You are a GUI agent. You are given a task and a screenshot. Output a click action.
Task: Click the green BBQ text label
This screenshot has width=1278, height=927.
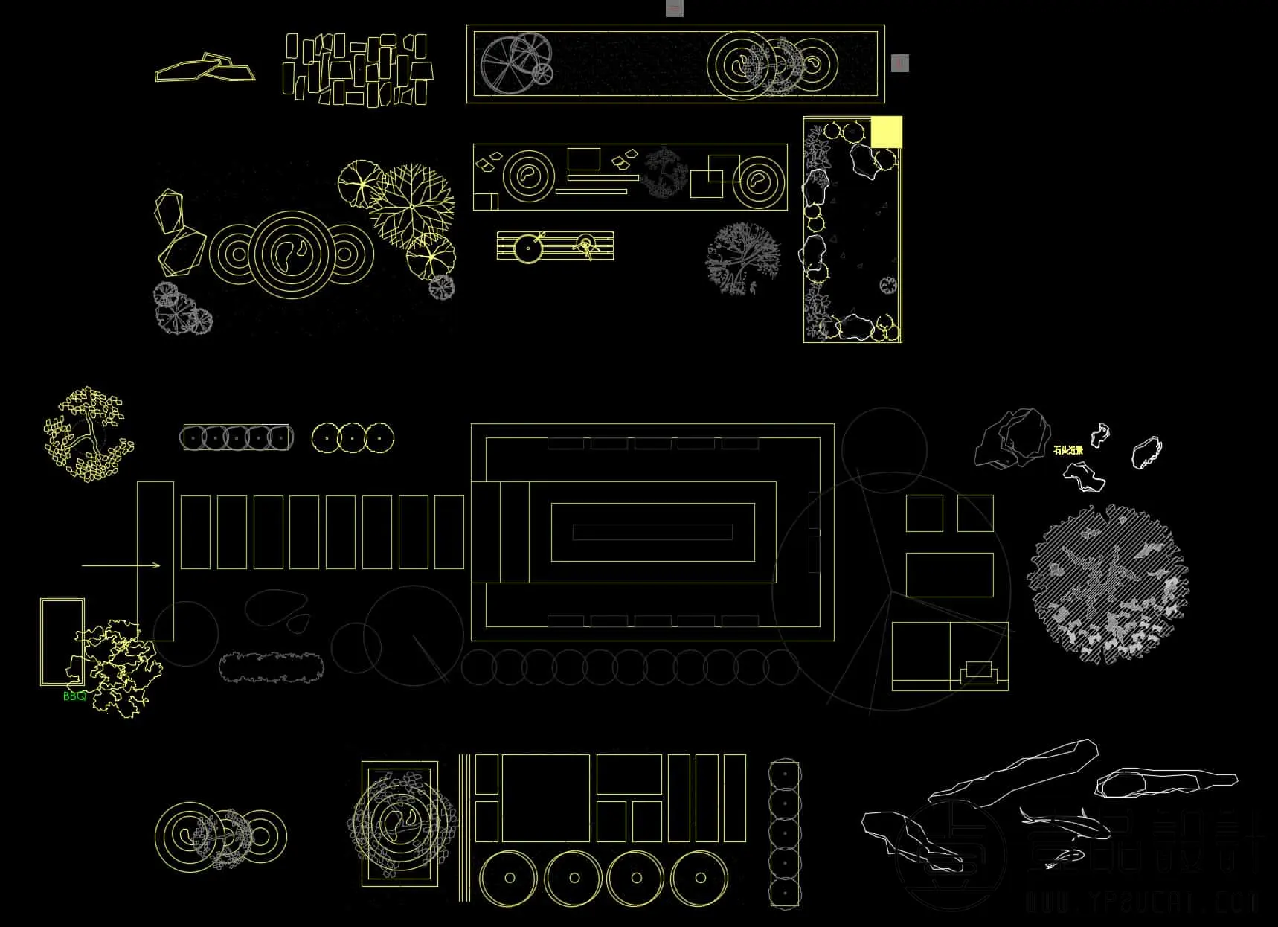74,696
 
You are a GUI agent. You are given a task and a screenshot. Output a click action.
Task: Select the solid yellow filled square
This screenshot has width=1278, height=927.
886,132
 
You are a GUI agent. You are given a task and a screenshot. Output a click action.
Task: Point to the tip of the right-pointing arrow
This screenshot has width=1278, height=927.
159,565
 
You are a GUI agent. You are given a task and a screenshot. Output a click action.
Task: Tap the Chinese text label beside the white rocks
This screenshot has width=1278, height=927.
1068,450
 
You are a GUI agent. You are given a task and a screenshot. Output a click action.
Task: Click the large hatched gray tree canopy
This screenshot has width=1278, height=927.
1108,583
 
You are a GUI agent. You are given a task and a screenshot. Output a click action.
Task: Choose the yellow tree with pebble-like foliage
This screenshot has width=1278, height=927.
88,434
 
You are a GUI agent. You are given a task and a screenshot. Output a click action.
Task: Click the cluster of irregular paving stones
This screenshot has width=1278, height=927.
358,68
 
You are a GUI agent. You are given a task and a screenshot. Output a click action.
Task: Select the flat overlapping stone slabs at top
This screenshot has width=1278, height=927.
205,68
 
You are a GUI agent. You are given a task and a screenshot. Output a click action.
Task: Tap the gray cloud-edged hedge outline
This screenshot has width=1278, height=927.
272,667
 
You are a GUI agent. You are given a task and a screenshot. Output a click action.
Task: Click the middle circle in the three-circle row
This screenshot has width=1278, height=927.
352,438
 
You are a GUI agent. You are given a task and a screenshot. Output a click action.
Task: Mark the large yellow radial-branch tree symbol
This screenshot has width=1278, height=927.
411,205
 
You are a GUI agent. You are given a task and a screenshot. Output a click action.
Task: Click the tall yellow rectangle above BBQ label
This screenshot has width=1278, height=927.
62,641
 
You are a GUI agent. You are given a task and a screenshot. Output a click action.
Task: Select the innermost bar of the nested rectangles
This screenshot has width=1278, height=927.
652,532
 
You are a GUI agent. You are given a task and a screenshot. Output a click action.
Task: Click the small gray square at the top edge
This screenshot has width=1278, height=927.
674,9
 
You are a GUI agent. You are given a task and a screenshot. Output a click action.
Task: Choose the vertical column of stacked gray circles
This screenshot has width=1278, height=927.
784,833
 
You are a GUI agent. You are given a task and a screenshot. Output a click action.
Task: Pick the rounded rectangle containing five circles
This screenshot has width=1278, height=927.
236,438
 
